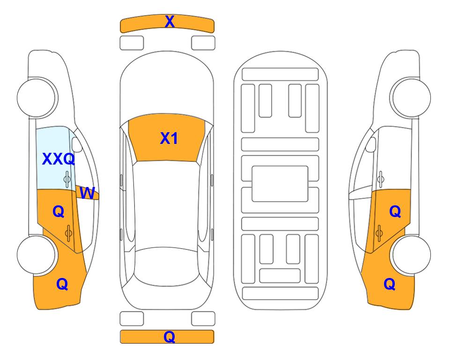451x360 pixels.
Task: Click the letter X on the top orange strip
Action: pos(170,21)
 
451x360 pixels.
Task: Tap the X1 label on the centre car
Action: pos(169,138)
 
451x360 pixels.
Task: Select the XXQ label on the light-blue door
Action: pos(59,159)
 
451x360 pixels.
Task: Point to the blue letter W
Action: pos(87,193)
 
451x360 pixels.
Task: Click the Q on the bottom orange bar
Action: pos(169,337)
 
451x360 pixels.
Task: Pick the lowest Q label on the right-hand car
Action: pos(390,284)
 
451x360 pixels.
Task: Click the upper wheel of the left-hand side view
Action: pos(37,97)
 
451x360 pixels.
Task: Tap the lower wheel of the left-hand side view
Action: pos(37,255)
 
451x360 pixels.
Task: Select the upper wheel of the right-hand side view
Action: pos(411,97)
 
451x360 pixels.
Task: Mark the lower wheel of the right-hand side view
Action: pos(411,255)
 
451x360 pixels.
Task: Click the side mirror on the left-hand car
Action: pos(76,144)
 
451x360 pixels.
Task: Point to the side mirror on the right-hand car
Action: pos(371,144)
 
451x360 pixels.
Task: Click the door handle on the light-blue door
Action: pos(67,179)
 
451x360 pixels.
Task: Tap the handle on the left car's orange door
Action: pos(69,233)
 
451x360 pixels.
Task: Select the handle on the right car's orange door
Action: pos(379,233)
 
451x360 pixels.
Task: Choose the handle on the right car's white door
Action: pos(381,179)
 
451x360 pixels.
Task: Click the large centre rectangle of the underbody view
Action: pos(280,184)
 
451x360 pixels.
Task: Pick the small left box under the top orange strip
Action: pos(132,43)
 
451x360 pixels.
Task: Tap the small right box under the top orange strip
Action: pos(203,43)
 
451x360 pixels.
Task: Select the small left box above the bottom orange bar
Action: pos(132,319)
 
